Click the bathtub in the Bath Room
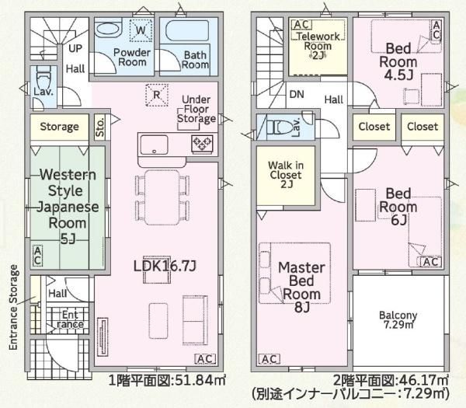187,30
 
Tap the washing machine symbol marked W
141,30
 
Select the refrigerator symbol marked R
157,95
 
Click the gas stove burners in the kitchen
202,144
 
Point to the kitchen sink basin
154,145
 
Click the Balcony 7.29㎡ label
398,320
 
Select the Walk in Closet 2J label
286,175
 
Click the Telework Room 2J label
318,46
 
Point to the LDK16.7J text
165,266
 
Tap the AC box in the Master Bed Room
270,359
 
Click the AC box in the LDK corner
205,359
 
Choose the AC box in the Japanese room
37,256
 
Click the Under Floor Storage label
196,109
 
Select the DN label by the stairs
297,95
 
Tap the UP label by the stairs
75,48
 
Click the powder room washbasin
108,29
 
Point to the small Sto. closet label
100,127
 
